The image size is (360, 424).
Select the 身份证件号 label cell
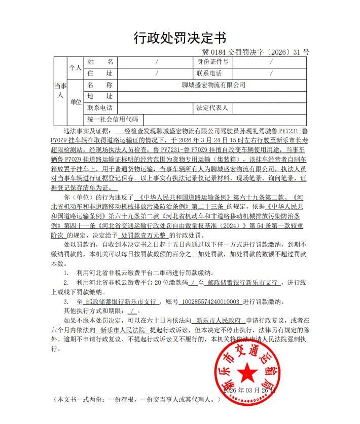213,62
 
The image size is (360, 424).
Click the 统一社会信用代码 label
113,120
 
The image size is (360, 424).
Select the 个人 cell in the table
76,67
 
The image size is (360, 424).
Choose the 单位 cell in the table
76,102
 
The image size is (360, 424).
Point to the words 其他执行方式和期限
94,311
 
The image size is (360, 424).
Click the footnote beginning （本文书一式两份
137,399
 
